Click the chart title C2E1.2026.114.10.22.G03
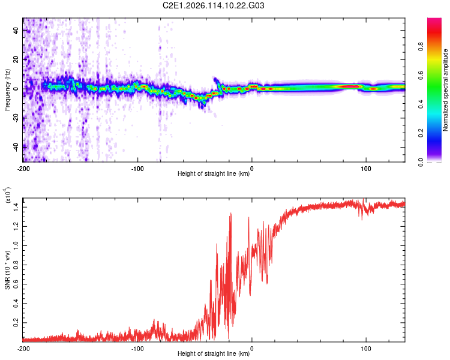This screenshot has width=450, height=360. click(214, 5)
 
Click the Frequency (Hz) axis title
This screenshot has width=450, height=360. click(7, 89)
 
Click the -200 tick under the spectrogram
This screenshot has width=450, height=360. click(23, 169)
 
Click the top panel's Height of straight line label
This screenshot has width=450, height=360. click(214, 174)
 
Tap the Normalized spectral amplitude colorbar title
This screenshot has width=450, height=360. click(446, 90)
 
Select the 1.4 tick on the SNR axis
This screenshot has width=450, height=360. click(16, 206)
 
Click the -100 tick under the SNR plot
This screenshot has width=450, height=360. click(137, 349)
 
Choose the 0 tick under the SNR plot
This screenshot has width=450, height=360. click(251, 349)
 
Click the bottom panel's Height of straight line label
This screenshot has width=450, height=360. click(214, 354)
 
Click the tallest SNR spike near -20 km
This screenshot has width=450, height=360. click(230, 214)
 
